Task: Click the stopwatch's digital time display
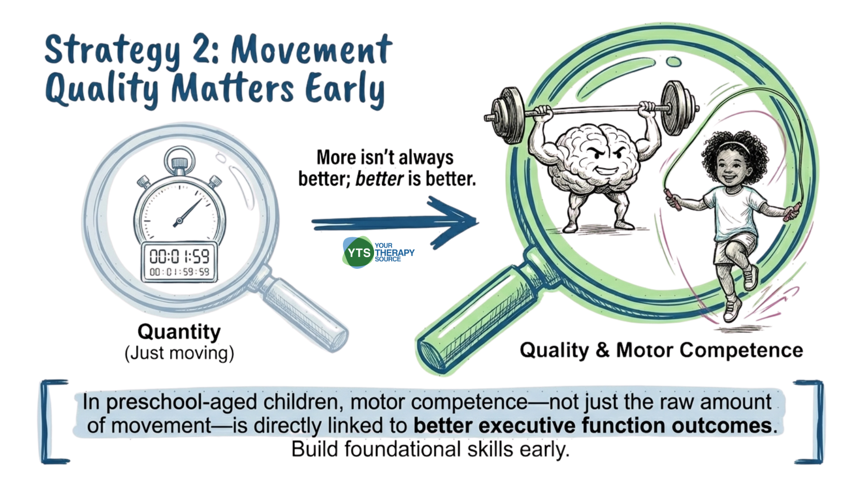click(179, 262)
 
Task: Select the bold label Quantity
click(179, 332)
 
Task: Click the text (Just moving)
click(179, 353)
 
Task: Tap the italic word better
click(379, 179)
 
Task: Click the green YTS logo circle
click(358, 253)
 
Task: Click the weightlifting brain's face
click(605, 160)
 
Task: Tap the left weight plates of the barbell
click(507, 115)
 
